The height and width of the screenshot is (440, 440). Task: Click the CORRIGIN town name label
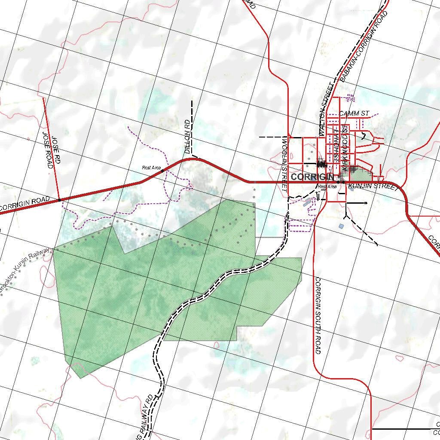(312, 177)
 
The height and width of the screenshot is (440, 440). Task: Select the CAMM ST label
(354, 113)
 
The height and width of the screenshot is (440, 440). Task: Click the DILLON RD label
(188, 137)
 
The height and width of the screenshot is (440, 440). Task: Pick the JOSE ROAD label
(47, 150)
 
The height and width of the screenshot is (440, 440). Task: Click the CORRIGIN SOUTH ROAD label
(318, 316)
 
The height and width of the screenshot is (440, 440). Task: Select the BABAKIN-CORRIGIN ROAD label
(364, 46)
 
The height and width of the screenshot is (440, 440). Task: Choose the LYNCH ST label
(336, 148)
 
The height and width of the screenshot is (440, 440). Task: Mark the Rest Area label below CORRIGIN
(327, 186)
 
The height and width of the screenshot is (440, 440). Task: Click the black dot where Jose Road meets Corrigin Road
(59, 200)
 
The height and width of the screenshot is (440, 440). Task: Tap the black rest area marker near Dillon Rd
(162, 171)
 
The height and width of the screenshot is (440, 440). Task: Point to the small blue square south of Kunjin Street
(341, 226)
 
